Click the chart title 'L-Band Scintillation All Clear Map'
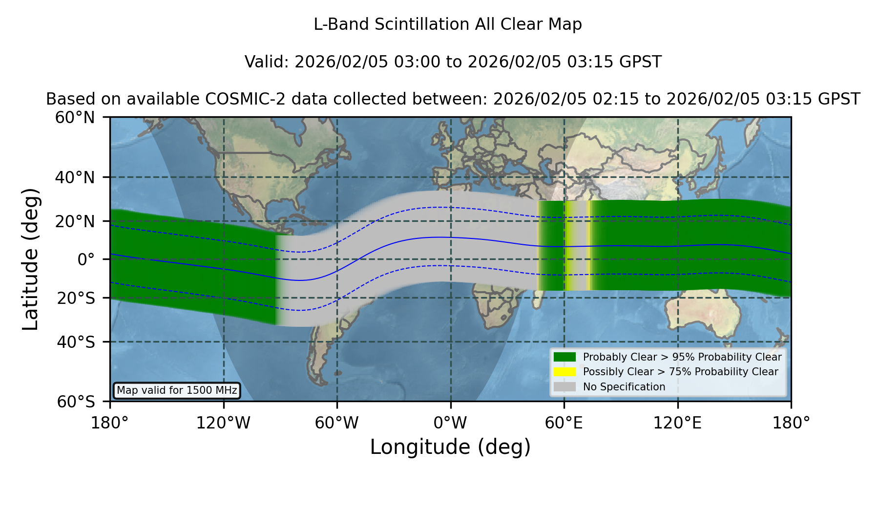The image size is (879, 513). point(447,24)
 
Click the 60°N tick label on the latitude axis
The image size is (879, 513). point(75,117)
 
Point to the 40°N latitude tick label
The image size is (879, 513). point(75,177)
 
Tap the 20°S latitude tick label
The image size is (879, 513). point(76,298)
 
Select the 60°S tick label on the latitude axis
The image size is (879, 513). point(76,402)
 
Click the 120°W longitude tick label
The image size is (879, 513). point(223,423)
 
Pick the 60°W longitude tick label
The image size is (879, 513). point(337,423)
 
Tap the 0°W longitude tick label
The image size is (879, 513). point(450,423)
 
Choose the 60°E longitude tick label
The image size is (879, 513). point(564,423)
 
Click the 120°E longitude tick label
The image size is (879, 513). point(677,423)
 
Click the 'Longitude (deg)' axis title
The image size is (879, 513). point(450,447)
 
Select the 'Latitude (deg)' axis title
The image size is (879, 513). point(30,259)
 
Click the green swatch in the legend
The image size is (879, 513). point(565,357)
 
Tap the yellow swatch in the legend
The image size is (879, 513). point(565,372)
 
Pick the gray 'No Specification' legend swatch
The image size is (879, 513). point(565,387)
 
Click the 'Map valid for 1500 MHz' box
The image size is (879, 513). point(177,390)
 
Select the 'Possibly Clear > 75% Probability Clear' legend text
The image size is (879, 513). point(680,372)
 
